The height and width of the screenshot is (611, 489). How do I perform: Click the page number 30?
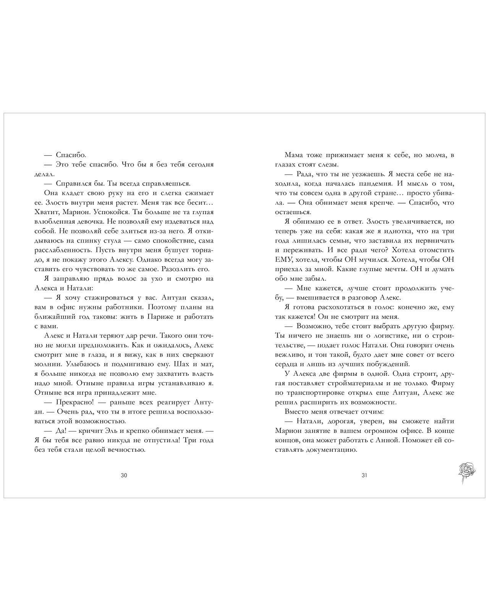click(x=123, y=475)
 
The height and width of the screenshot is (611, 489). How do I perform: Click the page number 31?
click(x=364, y=475)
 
